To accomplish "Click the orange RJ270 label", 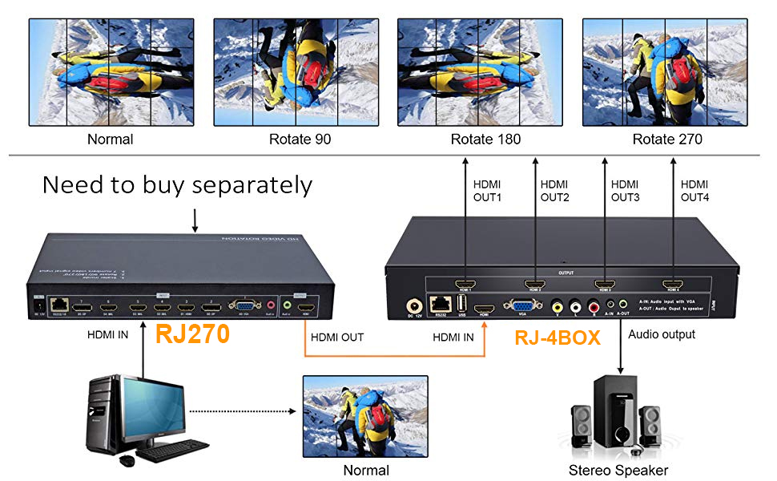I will click(x=192, y=334).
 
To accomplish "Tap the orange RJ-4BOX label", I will click(x=557, y=338).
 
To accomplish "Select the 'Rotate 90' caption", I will click(x=300, y=139).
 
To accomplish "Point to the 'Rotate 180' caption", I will click(x=485, y=139).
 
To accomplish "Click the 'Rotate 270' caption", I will click(x=667, y=139).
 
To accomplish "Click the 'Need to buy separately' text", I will click(x=177, y=185).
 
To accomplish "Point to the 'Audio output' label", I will click(x=662, y=333).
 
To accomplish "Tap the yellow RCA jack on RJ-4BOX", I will click(x=558, y=305).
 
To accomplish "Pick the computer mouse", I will click(x=127, y=460).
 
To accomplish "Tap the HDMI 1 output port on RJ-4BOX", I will click(x=465, y=284).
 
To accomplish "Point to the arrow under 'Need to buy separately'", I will click(x=195, y=220).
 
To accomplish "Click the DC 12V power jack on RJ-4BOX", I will click(x=414, y=305).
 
